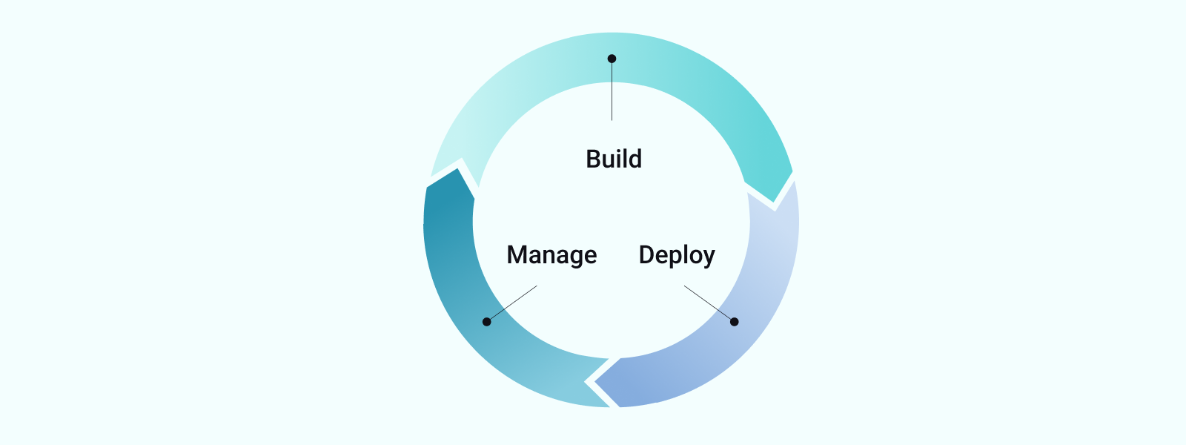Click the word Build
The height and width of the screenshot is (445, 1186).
tap(614, 159)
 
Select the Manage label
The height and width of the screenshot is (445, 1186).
tap(551, 255)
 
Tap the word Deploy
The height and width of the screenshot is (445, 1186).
tap(677, 255)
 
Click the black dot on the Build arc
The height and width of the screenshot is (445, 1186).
tap(612, 59)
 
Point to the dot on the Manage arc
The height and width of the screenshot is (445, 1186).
tap(486, 322)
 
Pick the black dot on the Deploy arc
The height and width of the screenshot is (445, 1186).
tap(734, 322)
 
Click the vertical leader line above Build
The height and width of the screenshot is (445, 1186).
tap(612, 93)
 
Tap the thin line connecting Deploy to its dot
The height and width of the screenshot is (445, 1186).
tap(708, 303)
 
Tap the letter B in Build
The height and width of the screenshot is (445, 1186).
tap(593, 159)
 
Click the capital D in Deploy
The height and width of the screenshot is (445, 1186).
tap(646, 255)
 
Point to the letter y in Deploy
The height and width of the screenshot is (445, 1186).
tap(709, 257)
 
